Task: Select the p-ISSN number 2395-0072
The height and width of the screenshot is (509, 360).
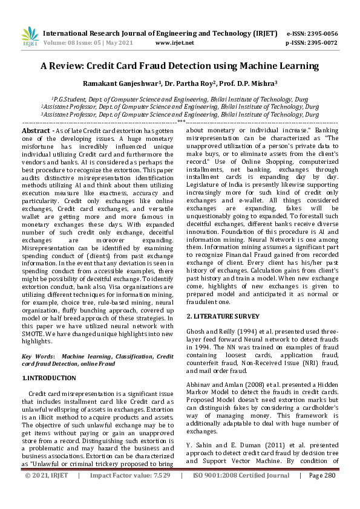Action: tap(323, 43)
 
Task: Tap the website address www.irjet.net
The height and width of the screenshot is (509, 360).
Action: tap(175, 43)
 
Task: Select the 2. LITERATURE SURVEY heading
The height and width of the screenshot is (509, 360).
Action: tap(223, 316)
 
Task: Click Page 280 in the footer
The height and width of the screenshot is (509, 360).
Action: tap(321, 493)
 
